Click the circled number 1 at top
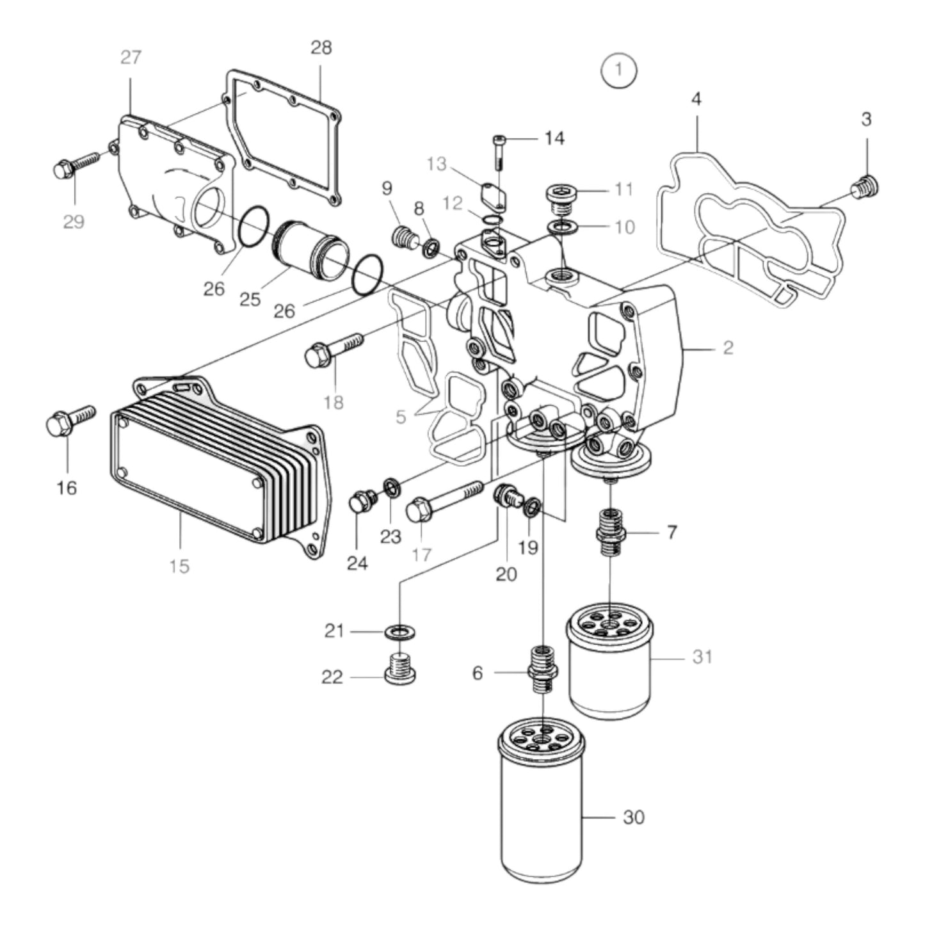[618, 70]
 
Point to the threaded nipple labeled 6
[542, 670]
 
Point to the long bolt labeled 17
[442, 502]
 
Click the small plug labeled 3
[866, 186]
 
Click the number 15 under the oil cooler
[180, 566]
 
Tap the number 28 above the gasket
[321, 47]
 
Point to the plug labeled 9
[403, 238]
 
